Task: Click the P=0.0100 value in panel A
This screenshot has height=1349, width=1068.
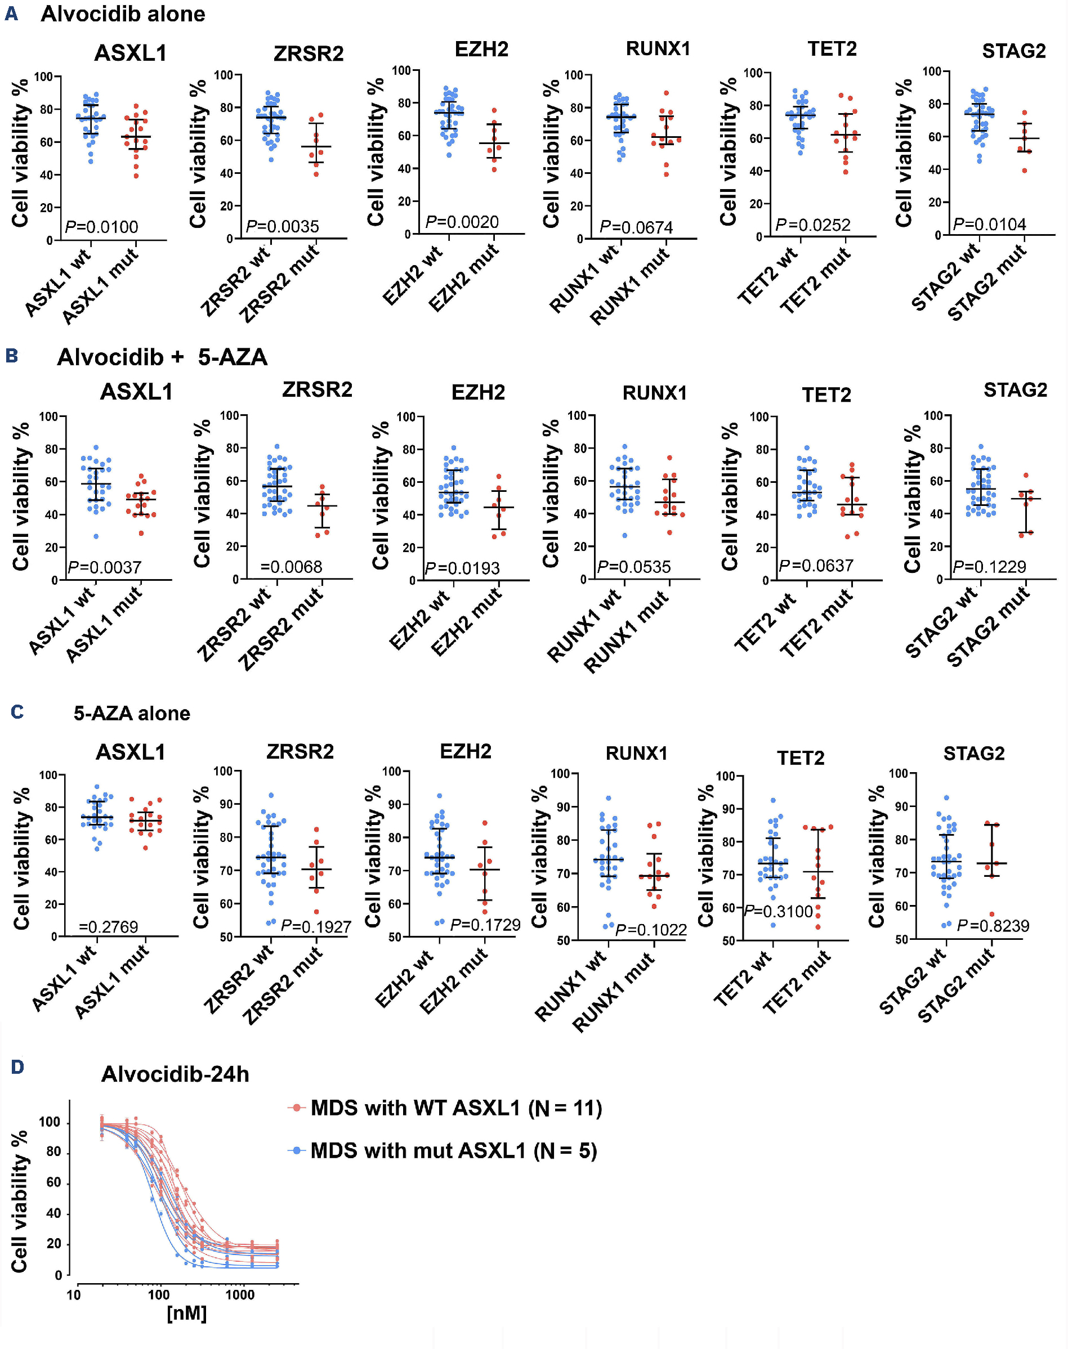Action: click(x=101, y=227)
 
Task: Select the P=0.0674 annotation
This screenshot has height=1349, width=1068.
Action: click(x=636, y=227)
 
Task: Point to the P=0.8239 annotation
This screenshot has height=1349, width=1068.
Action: click(x=993, y=926)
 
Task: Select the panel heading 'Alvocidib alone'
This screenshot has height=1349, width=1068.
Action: click(x=123, y=14)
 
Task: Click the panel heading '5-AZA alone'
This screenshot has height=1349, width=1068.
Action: click(x=131, y=713)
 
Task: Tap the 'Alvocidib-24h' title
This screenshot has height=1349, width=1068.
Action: click(x=175, y=1074)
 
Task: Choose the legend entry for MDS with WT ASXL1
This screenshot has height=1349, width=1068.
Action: click(x=456, y=1108)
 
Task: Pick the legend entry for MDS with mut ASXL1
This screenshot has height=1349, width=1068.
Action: click(x=453, y=1151)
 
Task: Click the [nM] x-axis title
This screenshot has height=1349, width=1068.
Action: click(x=186, y=1313)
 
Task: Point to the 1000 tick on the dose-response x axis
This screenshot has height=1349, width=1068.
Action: click(x=239, y=1294)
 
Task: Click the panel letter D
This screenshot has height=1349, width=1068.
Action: click(x=17, y=1067)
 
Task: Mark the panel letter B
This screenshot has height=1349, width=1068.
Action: click(x=12, y=356)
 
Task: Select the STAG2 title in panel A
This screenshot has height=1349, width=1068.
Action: click(x=1013, y=51)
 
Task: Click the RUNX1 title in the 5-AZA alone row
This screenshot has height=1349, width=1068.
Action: click(x=637, y=753)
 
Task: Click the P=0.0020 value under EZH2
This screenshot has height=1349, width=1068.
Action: click(x=462, y=222)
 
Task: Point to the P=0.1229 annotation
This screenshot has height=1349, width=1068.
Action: click(x=989, y=566)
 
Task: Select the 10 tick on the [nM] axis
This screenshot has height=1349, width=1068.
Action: click(x=74, y=1294)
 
